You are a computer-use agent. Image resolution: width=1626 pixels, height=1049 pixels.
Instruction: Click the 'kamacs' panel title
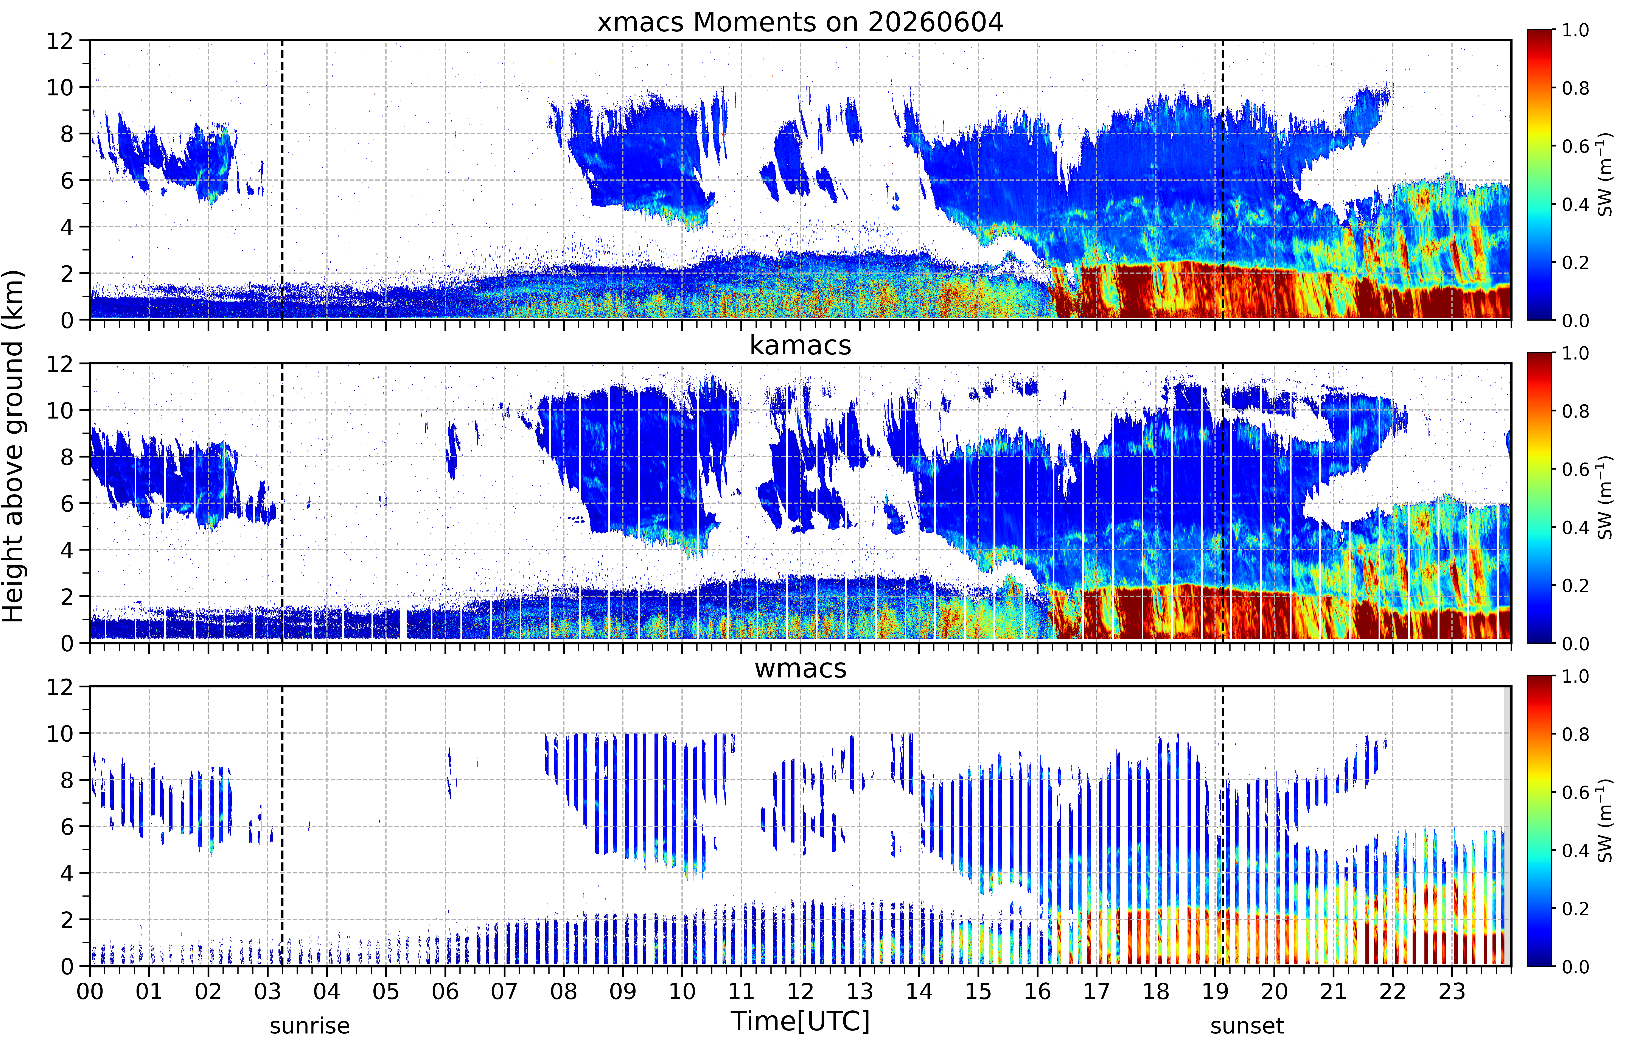pos(800,345)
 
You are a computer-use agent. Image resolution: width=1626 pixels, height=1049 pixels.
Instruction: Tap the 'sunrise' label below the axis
pos(310,1026)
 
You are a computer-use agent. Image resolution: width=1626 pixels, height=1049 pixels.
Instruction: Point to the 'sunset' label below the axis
pos(1247,1026)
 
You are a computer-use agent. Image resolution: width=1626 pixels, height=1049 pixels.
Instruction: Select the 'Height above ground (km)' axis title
pos(13,446)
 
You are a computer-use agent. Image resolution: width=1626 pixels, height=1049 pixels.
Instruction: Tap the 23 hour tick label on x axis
pos(1452,991)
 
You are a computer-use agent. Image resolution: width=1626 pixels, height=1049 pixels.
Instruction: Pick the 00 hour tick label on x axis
pos(90,991)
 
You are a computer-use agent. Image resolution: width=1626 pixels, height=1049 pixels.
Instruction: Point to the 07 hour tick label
pos(505,991)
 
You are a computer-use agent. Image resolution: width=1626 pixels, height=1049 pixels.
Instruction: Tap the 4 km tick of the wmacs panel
pos(67,873)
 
